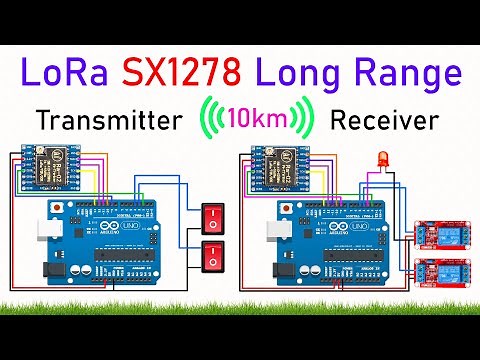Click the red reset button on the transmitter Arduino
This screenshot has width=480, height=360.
coord(64,207)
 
